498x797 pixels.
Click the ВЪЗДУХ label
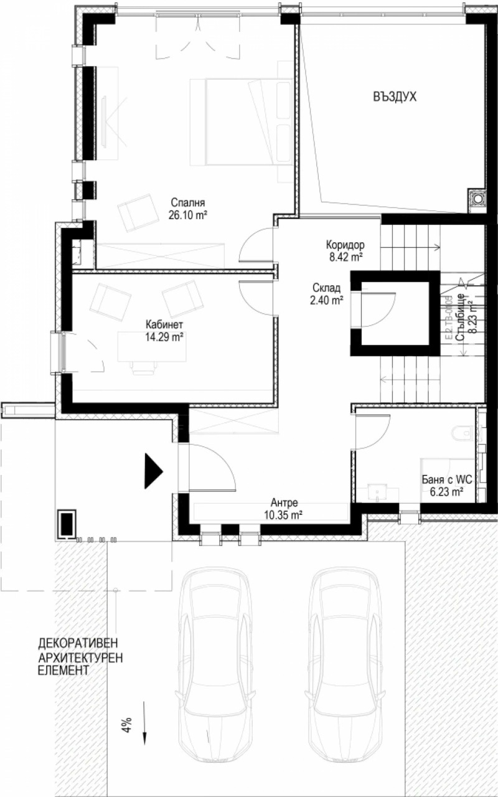[395, 97]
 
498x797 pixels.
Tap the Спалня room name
[187, 203]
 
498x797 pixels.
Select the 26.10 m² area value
[187, 215]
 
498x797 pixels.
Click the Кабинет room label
[164, 324]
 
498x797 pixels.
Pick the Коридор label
[344, 244]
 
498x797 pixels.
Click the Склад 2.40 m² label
[326, 293]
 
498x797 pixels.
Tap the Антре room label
[286, 502]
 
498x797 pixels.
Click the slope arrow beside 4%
[144, 722]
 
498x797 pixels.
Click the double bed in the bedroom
[241, 121]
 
